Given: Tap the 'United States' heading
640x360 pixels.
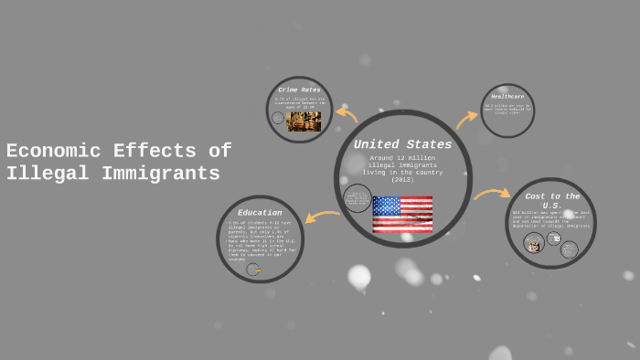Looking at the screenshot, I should coord(402,144).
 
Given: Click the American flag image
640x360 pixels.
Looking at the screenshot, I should coord(402,214).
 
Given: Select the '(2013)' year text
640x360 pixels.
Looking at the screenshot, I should coord(402,179).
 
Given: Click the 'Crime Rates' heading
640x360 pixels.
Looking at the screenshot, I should coord(300,90).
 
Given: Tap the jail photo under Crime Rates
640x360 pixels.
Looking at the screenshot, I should coord(304,122).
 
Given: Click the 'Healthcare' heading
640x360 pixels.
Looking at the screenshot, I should coord(507,96).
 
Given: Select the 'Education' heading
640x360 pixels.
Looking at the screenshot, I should coord(260,213).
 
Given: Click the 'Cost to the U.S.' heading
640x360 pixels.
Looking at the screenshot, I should coord(552,201).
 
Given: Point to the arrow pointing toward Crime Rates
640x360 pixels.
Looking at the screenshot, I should coord(347,114).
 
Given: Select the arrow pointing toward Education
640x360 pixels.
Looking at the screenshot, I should coord(322,217).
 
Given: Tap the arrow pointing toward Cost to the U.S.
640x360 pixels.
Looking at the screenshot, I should coord(491,194).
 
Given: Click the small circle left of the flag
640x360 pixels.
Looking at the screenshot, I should coord(357,198).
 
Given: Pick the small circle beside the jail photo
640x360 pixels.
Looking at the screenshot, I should coord(278,118).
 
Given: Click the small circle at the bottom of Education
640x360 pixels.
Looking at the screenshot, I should coord(253,270).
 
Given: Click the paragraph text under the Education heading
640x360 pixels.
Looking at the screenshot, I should coord(261,240).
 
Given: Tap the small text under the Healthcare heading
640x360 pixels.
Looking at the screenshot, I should coord(507,109).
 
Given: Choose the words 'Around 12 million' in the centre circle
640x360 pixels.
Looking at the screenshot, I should coord(402,158).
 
